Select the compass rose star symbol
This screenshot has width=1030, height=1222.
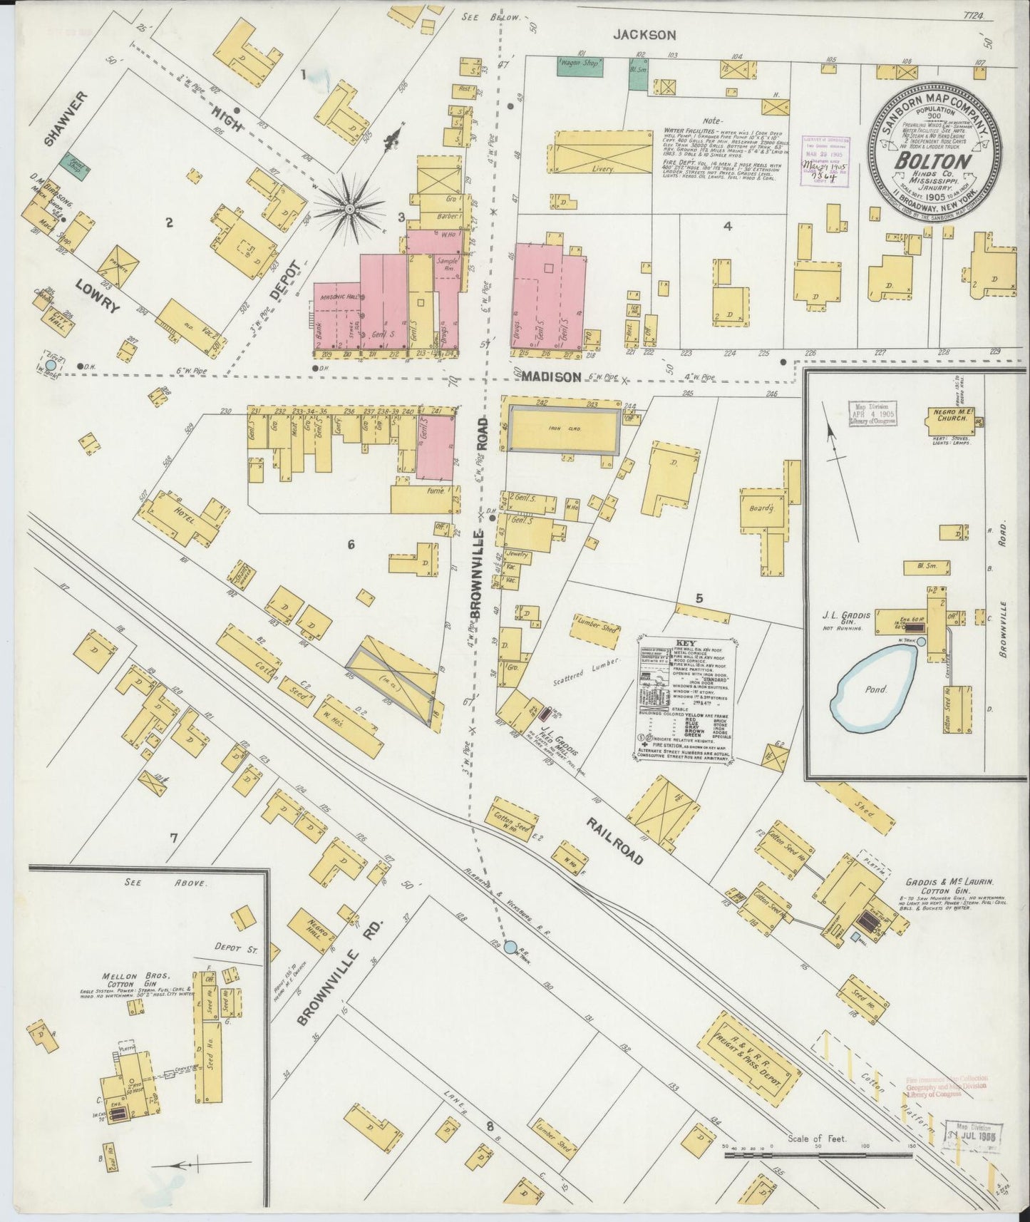tap(350, 208)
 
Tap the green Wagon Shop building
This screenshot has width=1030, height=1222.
tap(580, 66)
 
